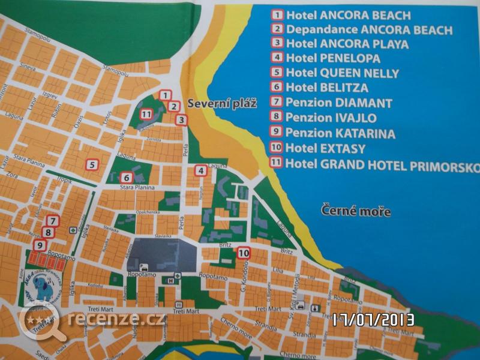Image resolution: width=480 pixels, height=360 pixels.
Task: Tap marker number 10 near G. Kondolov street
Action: click(243, 253)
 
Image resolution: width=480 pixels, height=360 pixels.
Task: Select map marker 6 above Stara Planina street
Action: click(126, 178)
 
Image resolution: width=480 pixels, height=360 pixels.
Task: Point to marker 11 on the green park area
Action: click(146, 114)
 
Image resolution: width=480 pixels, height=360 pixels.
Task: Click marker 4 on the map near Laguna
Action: click(201, 171)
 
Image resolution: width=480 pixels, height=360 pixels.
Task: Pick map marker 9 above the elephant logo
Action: click(40, 245)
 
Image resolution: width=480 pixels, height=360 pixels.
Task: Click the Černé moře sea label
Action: click(355, 212)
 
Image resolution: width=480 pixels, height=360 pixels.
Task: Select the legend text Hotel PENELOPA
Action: click(333, 59)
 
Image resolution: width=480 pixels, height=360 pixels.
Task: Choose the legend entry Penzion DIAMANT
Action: click(339, 103)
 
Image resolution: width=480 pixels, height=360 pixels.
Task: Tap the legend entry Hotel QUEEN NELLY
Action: click(343, 73)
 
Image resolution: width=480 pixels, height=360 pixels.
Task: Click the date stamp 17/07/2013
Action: click(374, 320)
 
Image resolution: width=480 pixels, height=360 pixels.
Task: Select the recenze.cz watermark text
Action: click(117, 318)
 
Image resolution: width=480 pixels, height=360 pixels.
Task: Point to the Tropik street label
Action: click(64, 181)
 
